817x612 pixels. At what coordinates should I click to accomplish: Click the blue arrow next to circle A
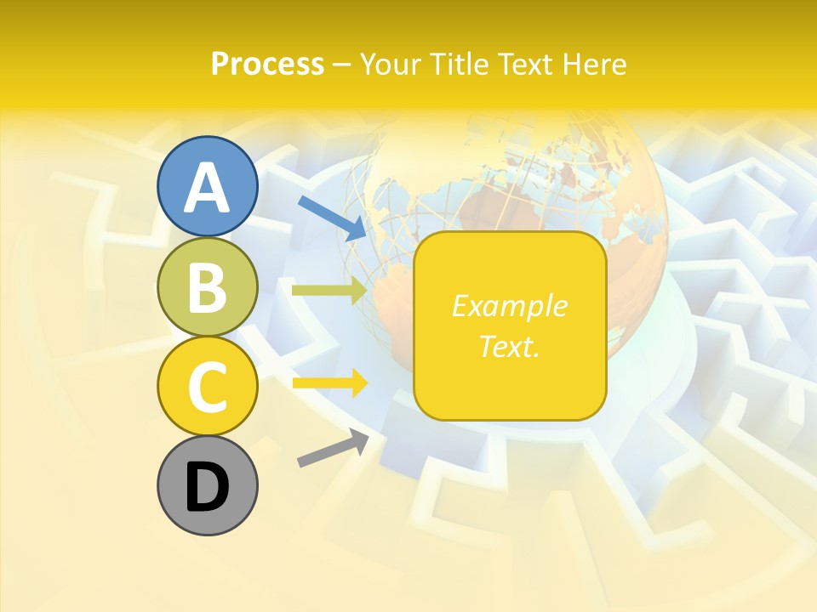tap(332, 217)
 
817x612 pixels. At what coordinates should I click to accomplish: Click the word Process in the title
tap(267, 64)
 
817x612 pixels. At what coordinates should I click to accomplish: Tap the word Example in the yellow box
tap(509, 306)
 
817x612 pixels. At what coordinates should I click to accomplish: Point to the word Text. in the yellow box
tap(509, 346)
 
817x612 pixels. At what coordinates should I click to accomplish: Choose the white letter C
tap(207, 388)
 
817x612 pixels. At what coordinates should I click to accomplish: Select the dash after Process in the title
tap(342, 65)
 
